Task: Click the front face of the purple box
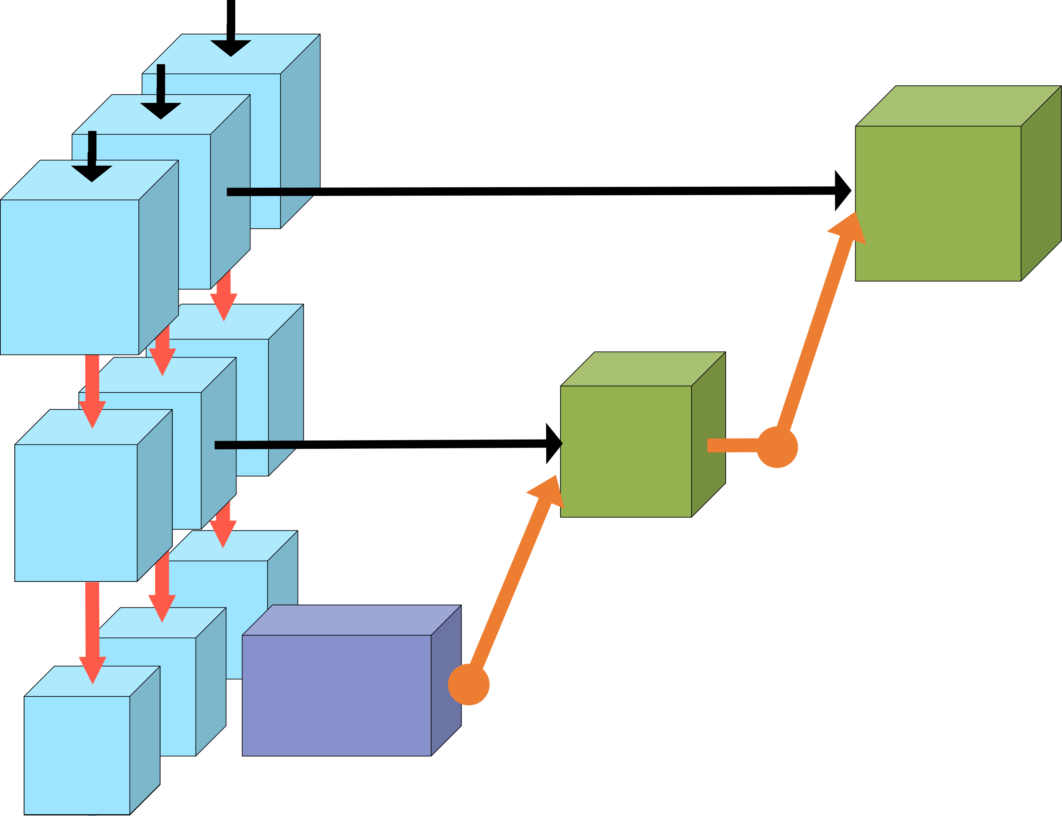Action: coord(336,695)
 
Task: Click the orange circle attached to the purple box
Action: coord(468,684)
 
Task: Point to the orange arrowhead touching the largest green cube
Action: coord(850,228)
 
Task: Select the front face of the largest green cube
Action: coord(938,203)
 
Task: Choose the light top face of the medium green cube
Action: coord(643,369)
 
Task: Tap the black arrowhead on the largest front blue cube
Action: coord(92,173)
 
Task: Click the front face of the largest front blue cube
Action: coord(69,277)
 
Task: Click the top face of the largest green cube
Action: coord(959,106)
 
